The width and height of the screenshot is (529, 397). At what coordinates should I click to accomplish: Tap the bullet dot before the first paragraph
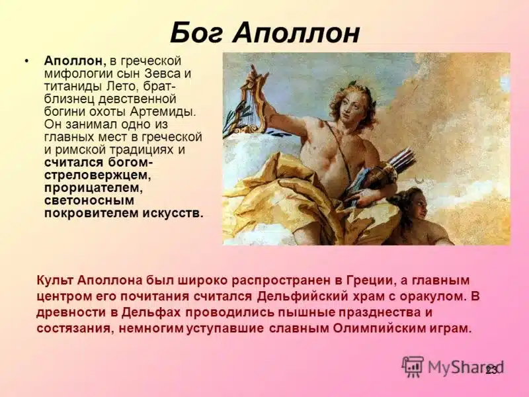click(x=26, y=61)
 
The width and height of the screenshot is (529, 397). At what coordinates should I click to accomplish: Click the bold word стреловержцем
click(x=97, y=175)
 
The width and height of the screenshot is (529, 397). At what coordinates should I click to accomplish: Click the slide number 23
click(x=491, y=370)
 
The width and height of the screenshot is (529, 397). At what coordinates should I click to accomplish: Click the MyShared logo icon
click(x=413, y=366)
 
